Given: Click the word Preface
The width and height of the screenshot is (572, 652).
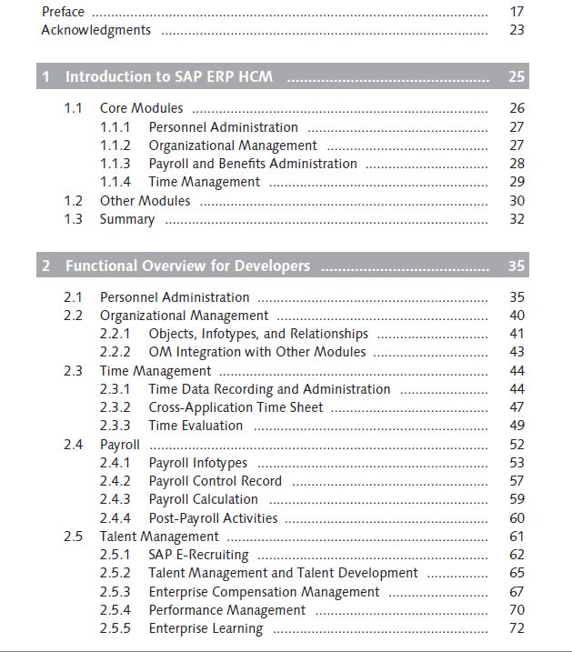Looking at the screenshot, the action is point(63,12).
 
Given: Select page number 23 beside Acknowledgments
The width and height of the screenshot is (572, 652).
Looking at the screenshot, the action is point(517,30).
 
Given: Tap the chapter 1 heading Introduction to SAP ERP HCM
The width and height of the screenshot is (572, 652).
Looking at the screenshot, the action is point(169,76).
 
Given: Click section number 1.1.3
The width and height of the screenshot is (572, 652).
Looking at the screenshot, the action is point(115,164).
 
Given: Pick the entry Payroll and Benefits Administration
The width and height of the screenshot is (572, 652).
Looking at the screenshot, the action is point(253,164).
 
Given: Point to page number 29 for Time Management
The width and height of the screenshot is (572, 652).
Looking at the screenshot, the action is point(517,182).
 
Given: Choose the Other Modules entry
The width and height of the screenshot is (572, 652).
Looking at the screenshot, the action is point(146,201).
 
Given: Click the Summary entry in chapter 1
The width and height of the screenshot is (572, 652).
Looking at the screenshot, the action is point(127,219).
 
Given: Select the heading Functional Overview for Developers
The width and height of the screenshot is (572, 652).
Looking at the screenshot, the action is point(187,266).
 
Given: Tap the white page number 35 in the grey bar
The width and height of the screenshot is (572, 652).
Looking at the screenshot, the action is point(517,266).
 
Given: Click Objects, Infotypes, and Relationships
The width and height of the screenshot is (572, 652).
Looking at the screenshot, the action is point(258,334).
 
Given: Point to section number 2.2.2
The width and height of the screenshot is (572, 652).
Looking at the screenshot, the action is point(115,352).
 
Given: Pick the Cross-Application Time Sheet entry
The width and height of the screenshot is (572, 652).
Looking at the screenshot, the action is point(236,407).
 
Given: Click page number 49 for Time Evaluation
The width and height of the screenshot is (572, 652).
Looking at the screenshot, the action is point(517,426).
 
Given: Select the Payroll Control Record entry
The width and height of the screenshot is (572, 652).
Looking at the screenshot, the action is point(216,481).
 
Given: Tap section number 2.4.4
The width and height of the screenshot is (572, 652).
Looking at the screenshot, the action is point(115,518).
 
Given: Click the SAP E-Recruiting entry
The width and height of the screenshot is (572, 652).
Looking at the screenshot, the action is point(199,555).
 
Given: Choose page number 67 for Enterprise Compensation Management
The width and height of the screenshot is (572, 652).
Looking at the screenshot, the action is point(517,592).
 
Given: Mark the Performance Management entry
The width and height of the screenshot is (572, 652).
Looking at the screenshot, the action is point(227,610).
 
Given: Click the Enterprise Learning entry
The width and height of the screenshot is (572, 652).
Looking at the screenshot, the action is point(206,628).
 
